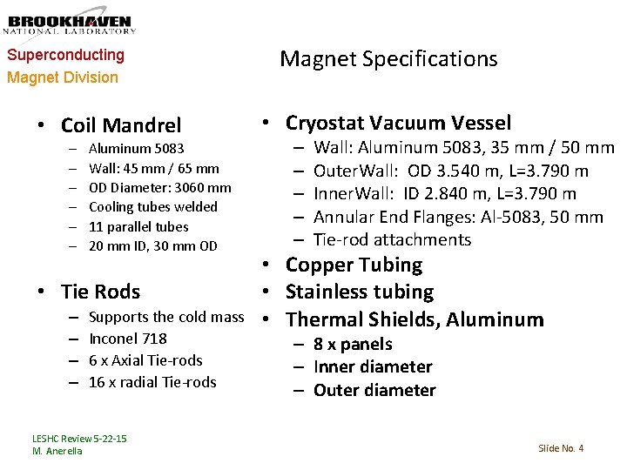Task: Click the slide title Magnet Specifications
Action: click(x=388, y=59)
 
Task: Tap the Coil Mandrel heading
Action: click(x=121, y=126)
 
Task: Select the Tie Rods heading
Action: click(x=100, y=291)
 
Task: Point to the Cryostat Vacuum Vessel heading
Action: click(x=398, y=123)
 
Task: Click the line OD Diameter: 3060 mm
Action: click(x=160, y=187)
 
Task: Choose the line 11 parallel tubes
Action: click(x=138, y=226)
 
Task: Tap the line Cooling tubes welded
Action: click(x=153, y=206)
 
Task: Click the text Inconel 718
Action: click(x=128, y=339)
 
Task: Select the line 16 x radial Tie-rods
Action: click(x=152, y=382)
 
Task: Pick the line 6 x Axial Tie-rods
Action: click(x=145, y=360)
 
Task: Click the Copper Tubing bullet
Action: click(x=354, y=265)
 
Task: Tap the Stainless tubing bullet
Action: click(x=359, y=292)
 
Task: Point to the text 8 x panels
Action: click(x=353, y=345)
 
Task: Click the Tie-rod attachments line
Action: click(x=392, y=239)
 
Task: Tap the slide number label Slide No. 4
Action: click(x=561, y=448)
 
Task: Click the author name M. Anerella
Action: click(x=57, y=451)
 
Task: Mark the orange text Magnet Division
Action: click(x=63, y=77)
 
